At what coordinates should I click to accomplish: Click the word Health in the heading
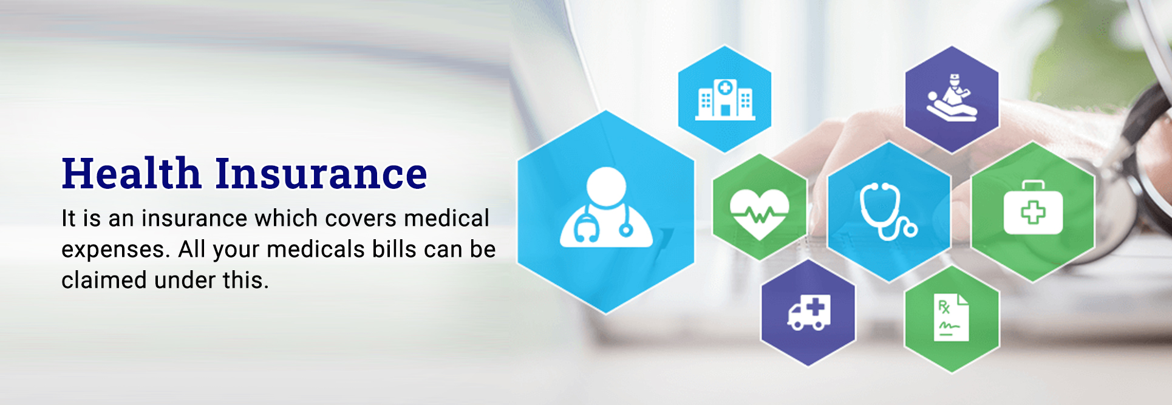(131, 173)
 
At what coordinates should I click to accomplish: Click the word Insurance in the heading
(321, 173)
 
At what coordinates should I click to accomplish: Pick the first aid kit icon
(1033, 208)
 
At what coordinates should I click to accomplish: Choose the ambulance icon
(809, 313)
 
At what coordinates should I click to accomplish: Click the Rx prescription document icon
(951, 318)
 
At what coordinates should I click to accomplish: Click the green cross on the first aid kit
(1033, 213)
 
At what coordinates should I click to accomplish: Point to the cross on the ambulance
(816, 307)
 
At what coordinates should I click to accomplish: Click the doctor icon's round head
(606, 186)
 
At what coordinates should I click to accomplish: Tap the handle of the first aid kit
(1033, 185)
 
